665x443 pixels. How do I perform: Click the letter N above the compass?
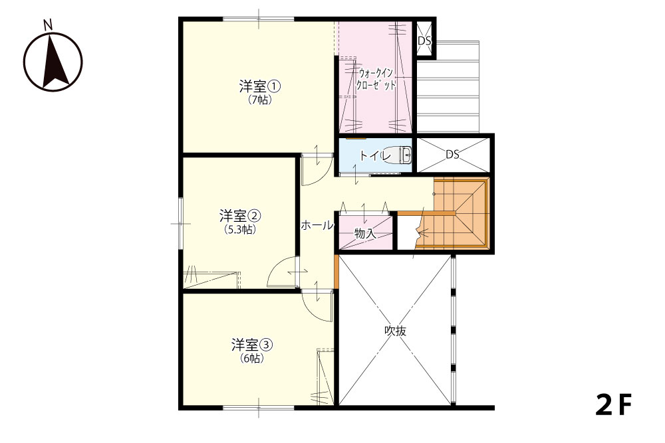point(48,25)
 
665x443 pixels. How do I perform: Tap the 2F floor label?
point(614,405)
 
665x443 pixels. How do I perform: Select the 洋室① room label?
point(259,87)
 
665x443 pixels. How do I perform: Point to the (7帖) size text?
point(260,100)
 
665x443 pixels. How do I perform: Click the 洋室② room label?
point(240,216)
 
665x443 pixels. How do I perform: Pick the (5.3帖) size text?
point(240,229)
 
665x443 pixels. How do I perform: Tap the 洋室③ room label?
point(252,345)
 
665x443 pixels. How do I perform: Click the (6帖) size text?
point(252,358)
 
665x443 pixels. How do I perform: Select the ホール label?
point(317,225)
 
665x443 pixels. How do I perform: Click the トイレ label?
point(375,156)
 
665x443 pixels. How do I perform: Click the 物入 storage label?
point(365,233)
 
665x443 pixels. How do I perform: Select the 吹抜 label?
point(395,331)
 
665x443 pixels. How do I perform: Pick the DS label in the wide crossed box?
point(452,155)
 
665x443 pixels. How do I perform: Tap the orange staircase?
point(452,213)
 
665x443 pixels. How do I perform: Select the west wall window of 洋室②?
point(181,223)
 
